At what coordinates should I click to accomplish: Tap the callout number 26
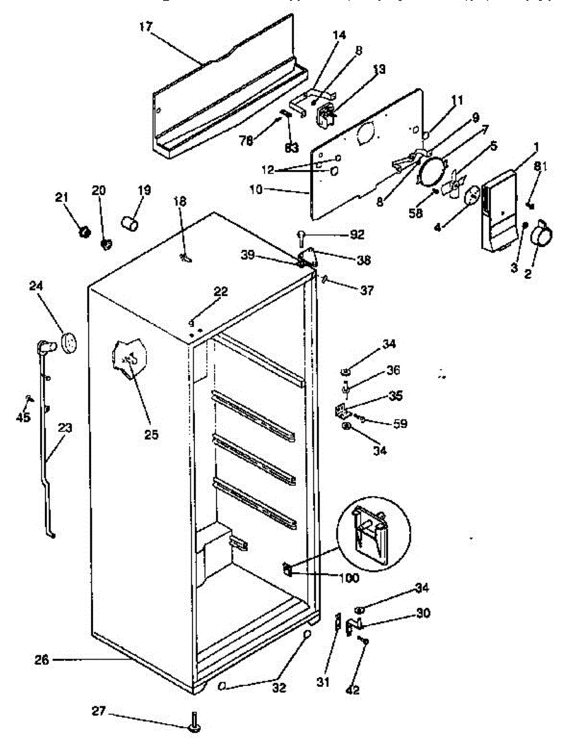click(41, 660)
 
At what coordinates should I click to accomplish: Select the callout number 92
click(357, 235)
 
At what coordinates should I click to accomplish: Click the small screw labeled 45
click(28, 398)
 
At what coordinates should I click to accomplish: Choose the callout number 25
click(151, 435)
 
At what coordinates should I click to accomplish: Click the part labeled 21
click(85, 232)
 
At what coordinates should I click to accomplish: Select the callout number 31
click(324, 682)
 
